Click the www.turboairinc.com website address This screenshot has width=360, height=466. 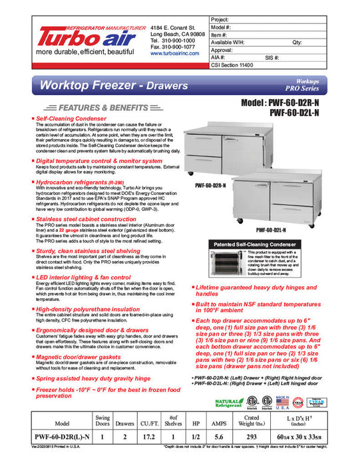pyautogui.click(x=175, y=53)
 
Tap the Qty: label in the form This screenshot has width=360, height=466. pyautogui.click(x=297, y=41)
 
